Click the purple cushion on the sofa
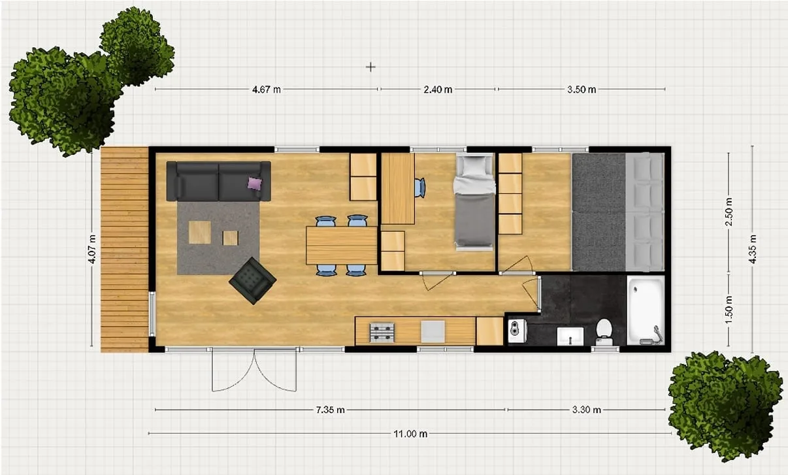point(255,184)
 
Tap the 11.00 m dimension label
point(410,434)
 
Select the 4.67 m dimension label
point(267,90)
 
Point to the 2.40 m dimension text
point(438,90)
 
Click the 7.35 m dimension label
point(330,410)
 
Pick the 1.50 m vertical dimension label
point(729,310)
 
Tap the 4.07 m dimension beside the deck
point(92,249)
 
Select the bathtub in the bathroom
point(646,310)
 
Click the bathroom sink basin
point(570,336)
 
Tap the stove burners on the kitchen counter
point(382,333)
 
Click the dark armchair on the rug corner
point(253,280)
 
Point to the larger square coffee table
point(200,232)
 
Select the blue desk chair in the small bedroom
point(420,188)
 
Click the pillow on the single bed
point(474,166)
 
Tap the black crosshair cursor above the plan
point(370,67)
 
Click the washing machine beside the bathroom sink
point(517,331)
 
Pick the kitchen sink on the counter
point(433,331)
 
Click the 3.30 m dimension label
point(587,410)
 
